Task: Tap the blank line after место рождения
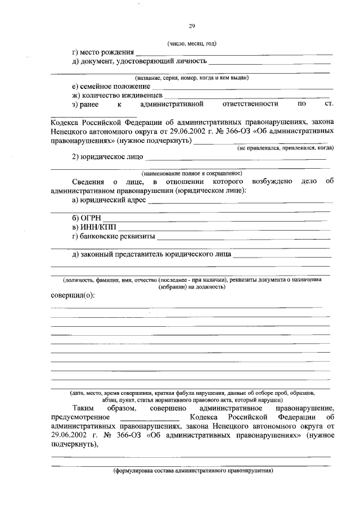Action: click(232, 53)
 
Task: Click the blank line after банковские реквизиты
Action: click(243, 237)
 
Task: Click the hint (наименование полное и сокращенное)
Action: click(192, 174)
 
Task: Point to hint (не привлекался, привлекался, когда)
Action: click(285, 148)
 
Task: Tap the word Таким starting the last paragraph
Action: click(83, 407)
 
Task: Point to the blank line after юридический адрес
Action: click(238, 201)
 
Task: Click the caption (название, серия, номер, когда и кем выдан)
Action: click(192, 78)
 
